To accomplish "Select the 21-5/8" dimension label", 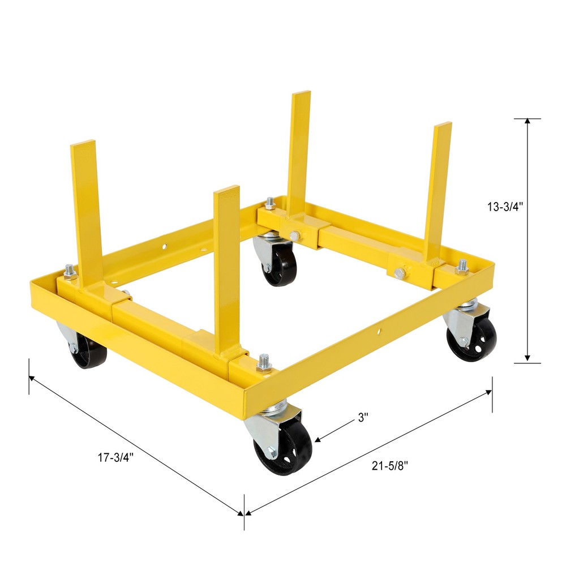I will pos(390,465).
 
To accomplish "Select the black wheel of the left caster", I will pos(87,351).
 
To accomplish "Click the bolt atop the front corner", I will pos(264,363).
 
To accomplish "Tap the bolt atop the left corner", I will pos(70,272).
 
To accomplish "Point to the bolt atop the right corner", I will pos(462,266).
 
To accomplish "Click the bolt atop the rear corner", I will pos(271,203).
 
